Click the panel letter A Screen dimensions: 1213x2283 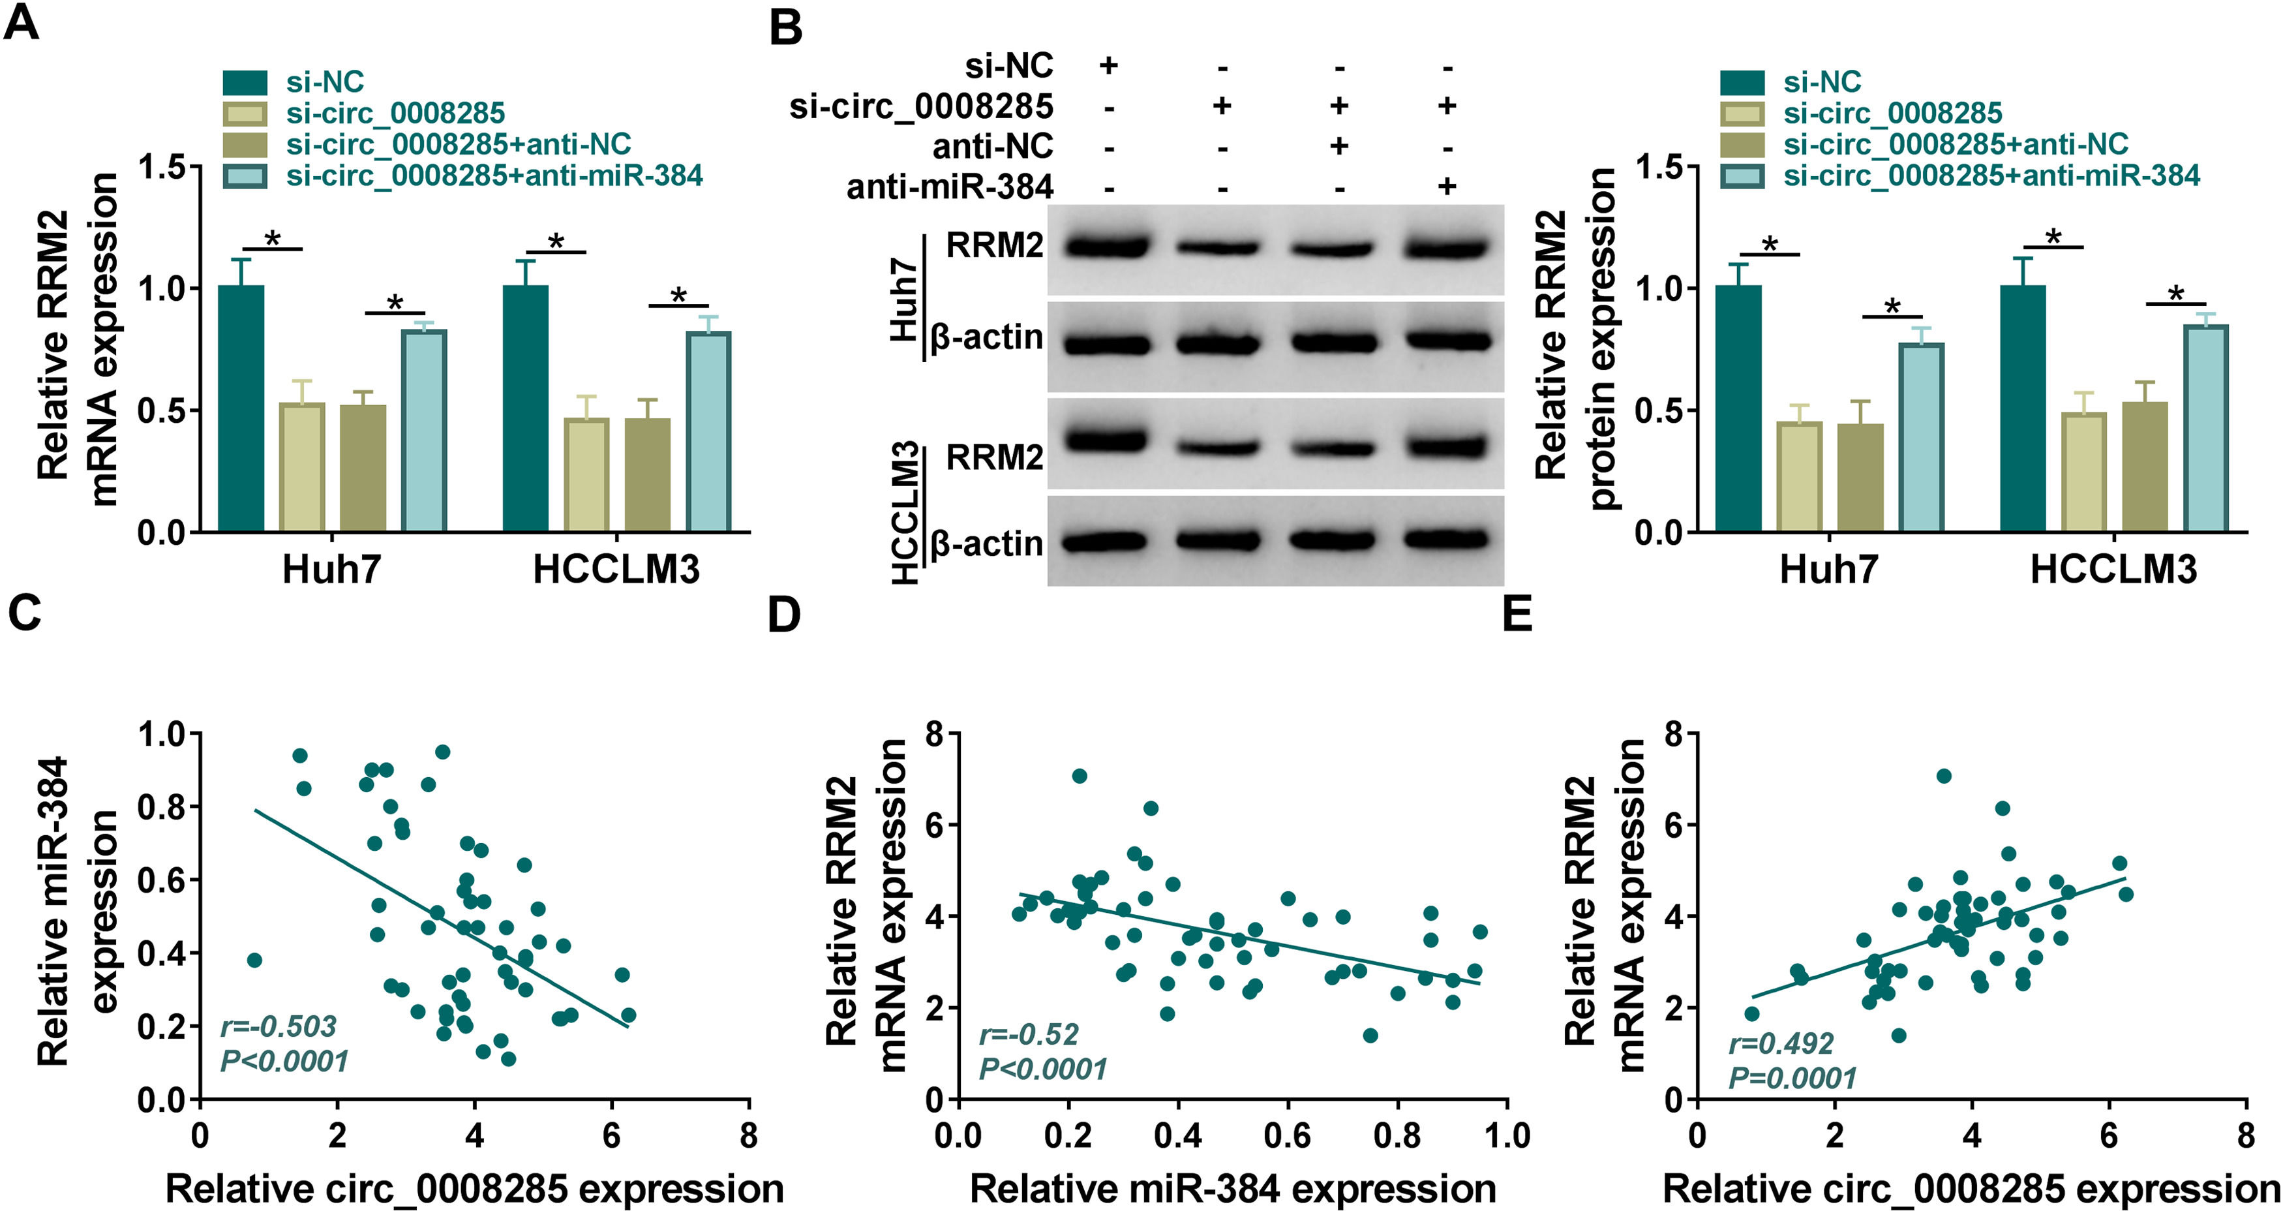pyautogui.click(x=22, y=22)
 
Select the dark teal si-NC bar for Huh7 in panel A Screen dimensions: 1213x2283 pyautogui.click(x=241, y=408)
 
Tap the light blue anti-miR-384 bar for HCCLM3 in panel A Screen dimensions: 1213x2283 pyautogui.click(x=708, y=432)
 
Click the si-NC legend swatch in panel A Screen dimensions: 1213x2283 pyautogui.click(x=245, y=82)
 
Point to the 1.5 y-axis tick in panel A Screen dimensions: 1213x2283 pyautogui.click(x=168, y=168)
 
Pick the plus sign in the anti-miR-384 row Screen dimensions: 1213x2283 pyautogui.click(x=1446, y=185)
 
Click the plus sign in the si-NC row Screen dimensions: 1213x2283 pyautogui.click(x=1108, y=65)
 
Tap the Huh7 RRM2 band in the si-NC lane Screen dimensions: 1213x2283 pyautogui.click(x=1108, y=245)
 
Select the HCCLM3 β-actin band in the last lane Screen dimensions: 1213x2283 pyautogui.click(x=1446, y=539)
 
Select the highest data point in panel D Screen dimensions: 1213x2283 pyautogui.click(x=1079, y=776)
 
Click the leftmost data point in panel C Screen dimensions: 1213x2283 pyautogui.click(x=254, y=960)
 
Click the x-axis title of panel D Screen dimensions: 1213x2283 pyautogui.click(x=1233, y=1189)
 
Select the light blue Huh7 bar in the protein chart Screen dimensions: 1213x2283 pyautogui.click(x=1922, y=437)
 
